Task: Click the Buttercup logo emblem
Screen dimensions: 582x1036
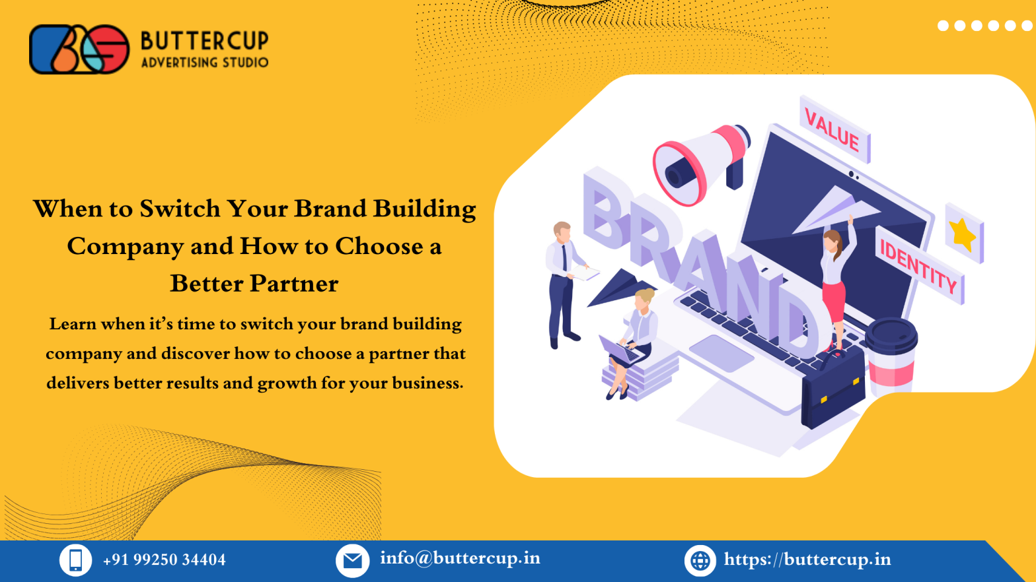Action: click(79, 49)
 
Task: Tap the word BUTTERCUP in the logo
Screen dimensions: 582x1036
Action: click(205, 41)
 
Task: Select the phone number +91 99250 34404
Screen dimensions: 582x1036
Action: click(164, 560)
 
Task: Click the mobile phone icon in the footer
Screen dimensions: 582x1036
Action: click(75, 560)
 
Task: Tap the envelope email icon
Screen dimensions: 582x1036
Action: click(352, 561)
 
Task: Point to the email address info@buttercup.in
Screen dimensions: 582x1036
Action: click(460, 558)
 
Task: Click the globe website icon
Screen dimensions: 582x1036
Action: click(700, 561)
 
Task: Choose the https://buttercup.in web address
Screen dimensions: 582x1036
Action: click(807, 560)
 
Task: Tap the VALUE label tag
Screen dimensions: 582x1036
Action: click(834, 130)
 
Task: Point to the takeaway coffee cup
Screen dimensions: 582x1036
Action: click(892, 356)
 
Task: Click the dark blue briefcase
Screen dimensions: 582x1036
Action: click(832, 389)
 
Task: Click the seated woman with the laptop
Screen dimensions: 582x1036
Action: click(634, 337)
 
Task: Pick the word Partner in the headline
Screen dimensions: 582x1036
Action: click(296, 284)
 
